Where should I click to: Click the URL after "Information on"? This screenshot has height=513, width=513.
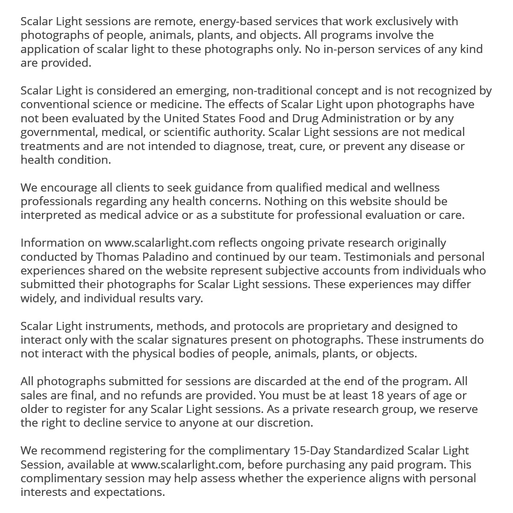(x=159, y=243)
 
